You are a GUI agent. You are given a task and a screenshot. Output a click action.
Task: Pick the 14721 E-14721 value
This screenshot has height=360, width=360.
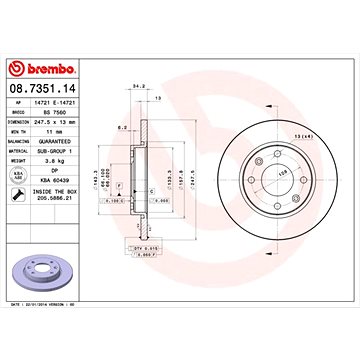coord(57,103)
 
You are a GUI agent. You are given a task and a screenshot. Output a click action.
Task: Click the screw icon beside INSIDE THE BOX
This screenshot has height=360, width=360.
coord(15,191)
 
